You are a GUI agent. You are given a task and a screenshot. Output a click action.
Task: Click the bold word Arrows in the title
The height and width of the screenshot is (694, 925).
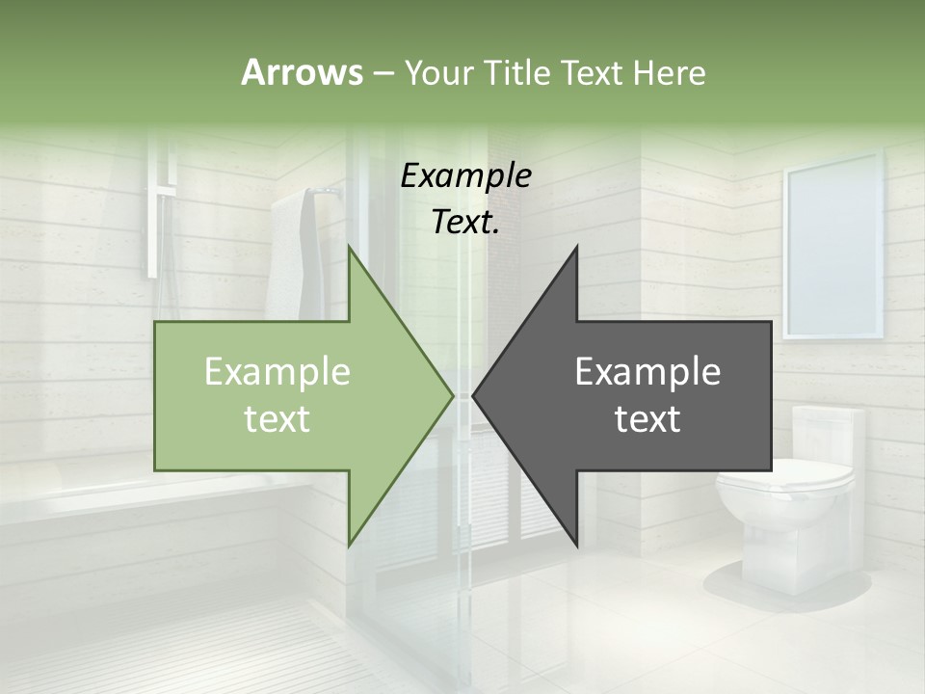tap(302, 72)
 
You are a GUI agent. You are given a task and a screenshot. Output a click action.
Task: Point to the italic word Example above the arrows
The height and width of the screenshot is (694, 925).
tap(465, 175)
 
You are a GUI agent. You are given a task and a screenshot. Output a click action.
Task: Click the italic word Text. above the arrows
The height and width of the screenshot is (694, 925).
tap(465, 222)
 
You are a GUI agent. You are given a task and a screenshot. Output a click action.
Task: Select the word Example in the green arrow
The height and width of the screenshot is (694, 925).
tap(277, 371)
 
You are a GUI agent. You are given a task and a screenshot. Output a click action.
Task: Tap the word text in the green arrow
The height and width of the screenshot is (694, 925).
tap(277, 419)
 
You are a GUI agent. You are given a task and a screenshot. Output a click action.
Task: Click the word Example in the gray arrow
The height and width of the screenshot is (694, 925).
tap(647, 371)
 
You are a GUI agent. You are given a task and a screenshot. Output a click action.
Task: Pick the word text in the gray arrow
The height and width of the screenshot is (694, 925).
tap(647, 419)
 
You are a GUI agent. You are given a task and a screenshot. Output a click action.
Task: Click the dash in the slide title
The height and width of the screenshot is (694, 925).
tap(383, 72)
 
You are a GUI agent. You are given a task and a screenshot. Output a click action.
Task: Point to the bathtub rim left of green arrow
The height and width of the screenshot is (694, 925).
tap(77, 501)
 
